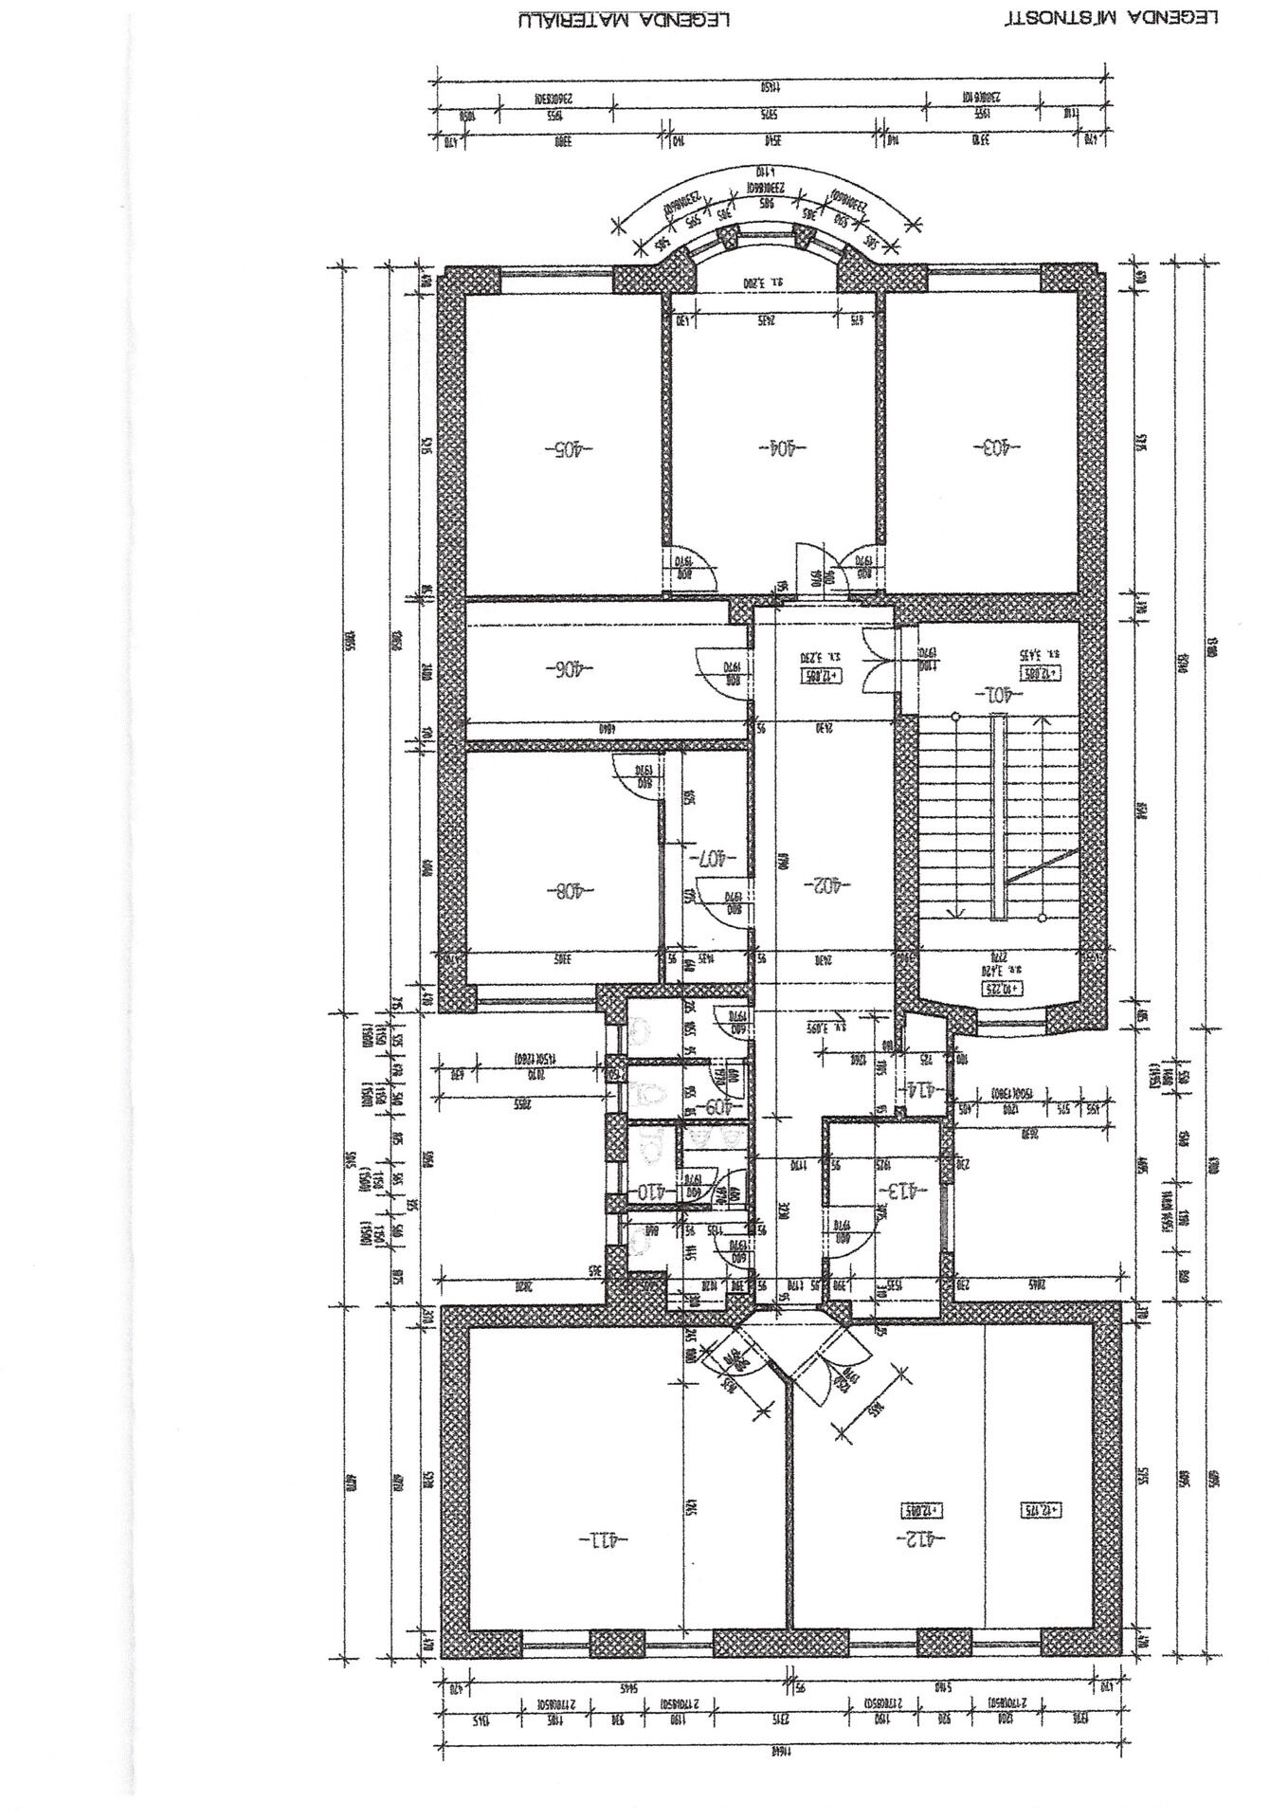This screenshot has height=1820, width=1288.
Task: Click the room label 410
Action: pyautogui.click(x=657, y=1191)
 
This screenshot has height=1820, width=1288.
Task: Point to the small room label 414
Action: pyautogui.click(x=925, y=1089)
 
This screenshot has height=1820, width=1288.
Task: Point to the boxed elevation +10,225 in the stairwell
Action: pyautogui.click(x=1003, y=989)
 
